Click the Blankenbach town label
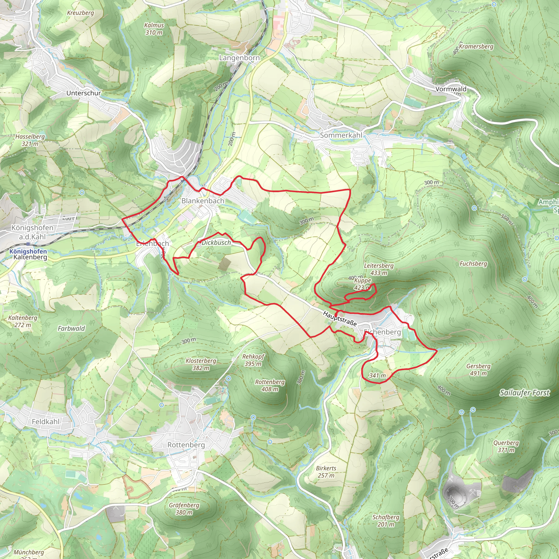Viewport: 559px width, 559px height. click(203, 201)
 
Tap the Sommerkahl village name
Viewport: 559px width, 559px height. click(341, 135)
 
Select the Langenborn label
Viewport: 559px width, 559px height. click(239, 58)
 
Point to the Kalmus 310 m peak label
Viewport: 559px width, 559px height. click(154, 29)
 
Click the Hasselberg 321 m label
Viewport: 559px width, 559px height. click(30, 140)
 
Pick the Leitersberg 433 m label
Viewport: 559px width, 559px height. click(379, 269)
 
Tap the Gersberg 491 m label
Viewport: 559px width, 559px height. click(478, 370)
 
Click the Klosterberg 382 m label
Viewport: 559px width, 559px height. click(201, 364)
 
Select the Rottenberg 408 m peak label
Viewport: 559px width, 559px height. click(270, 385)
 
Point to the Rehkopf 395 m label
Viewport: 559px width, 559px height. click(253, 360)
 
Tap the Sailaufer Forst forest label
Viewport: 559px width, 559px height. click(524, 393)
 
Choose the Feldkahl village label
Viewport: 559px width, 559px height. click(45, 421)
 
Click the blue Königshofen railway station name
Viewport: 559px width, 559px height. click(28, 251)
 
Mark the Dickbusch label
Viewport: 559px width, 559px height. click(216, 242)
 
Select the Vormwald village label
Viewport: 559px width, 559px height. click(451, 89)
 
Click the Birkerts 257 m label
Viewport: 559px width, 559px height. click(326, 472)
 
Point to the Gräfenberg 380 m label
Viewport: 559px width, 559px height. click(184, 509)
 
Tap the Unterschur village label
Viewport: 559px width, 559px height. click(84, 93)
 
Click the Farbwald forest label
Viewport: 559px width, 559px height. click(71, 328)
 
